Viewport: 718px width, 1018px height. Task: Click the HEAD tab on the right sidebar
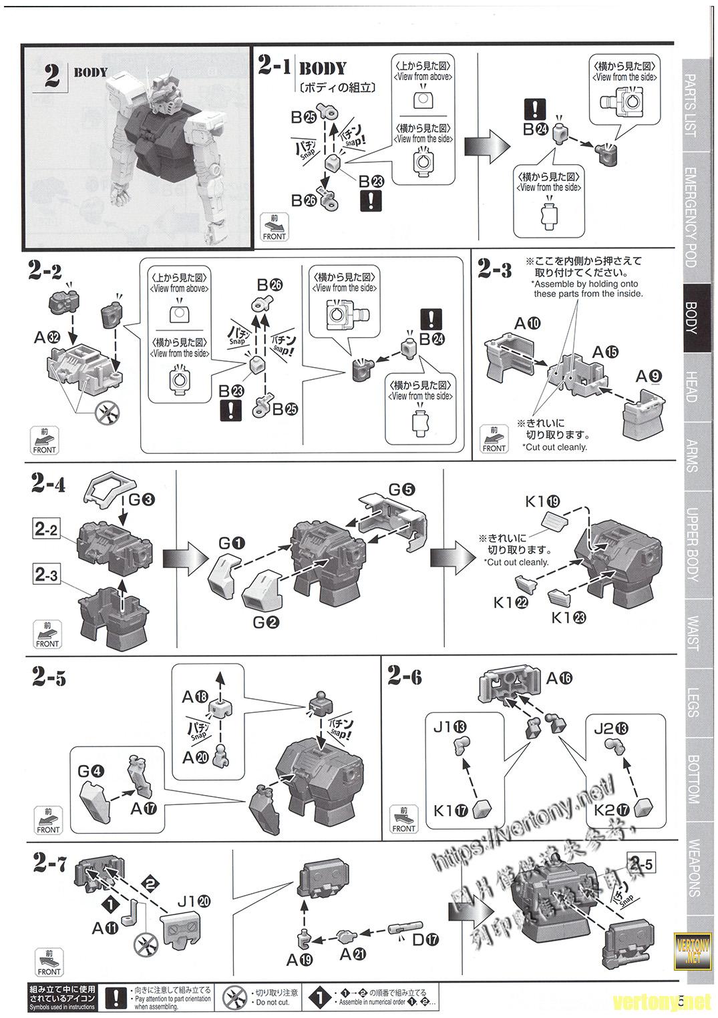click(x=691, y=387)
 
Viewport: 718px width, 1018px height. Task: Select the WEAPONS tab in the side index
click(x=693, y=868)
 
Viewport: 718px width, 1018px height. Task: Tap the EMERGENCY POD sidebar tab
click(x=691, y=218)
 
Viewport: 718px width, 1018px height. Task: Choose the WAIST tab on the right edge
click(x=692, y=633)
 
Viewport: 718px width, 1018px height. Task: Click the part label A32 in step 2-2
click(x=47, y=338)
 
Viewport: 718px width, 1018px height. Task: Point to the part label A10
click(x=527, y=324)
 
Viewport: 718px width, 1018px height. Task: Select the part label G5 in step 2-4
click(x=401, y=489)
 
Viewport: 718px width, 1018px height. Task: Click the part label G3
click(x=141, y=498)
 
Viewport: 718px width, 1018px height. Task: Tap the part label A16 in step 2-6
click(x=558, y=678)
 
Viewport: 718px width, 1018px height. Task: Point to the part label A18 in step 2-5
click(x=195, y=697)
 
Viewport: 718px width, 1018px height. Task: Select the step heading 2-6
click(x=404, y=676)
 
